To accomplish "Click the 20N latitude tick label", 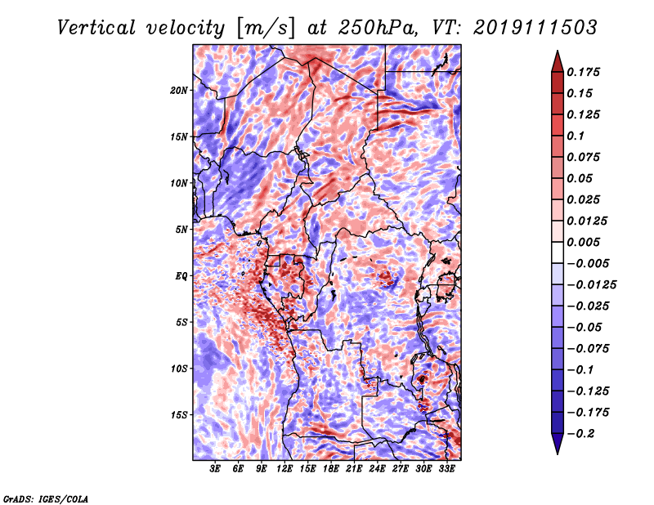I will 180,90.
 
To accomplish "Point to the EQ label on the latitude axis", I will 181,276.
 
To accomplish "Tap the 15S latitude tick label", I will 180,415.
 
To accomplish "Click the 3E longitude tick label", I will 216,470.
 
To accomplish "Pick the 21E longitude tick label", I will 354,470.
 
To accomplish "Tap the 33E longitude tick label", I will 446,470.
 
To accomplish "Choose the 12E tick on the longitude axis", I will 284,470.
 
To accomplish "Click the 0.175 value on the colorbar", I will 585,72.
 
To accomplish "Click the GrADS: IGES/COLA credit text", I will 45,498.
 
